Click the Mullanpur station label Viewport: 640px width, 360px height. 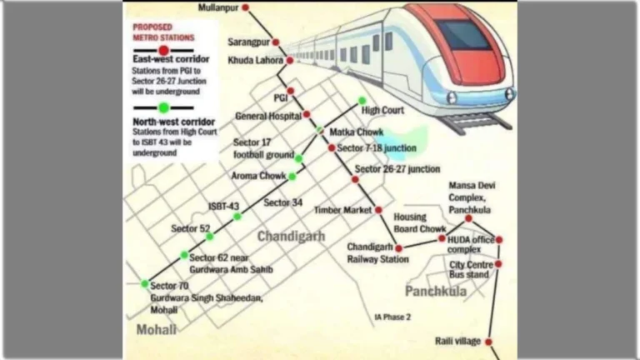(x=219, y=8)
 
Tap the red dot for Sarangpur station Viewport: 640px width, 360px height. (x=276, y=42)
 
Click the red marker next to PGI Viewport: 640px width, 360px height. (x=291, y=91)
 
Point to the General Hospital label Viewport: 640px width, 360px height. (x=267, y=115)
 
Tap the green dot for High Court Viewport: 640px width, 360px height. (x=362, y=101)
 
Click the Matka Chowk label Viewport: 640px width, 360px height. (x=357, y=132)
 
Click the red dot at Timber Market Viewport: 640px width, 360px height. (x=378, y=210)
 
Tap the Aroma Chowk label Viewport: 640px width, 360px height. (x=258, y=176)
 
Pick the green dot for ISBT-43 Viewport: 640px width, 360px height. (x=237, y=217)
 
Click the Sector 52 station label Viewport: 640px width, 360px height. (x=190, y=228)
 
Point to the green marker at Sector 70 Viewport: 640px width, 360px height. (x=145, y=284)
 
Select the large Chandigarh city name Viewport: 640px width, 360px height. (x=291, y=237)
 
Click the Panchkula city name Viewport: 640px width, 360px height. (x=436, y=291)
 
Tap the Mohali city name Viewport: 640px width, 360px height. (x=157, y=330)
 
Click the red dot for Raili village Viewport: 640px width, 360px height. (x=488, y=342)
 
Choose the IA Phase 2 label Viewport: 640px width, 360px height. (x=392, y=317)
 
